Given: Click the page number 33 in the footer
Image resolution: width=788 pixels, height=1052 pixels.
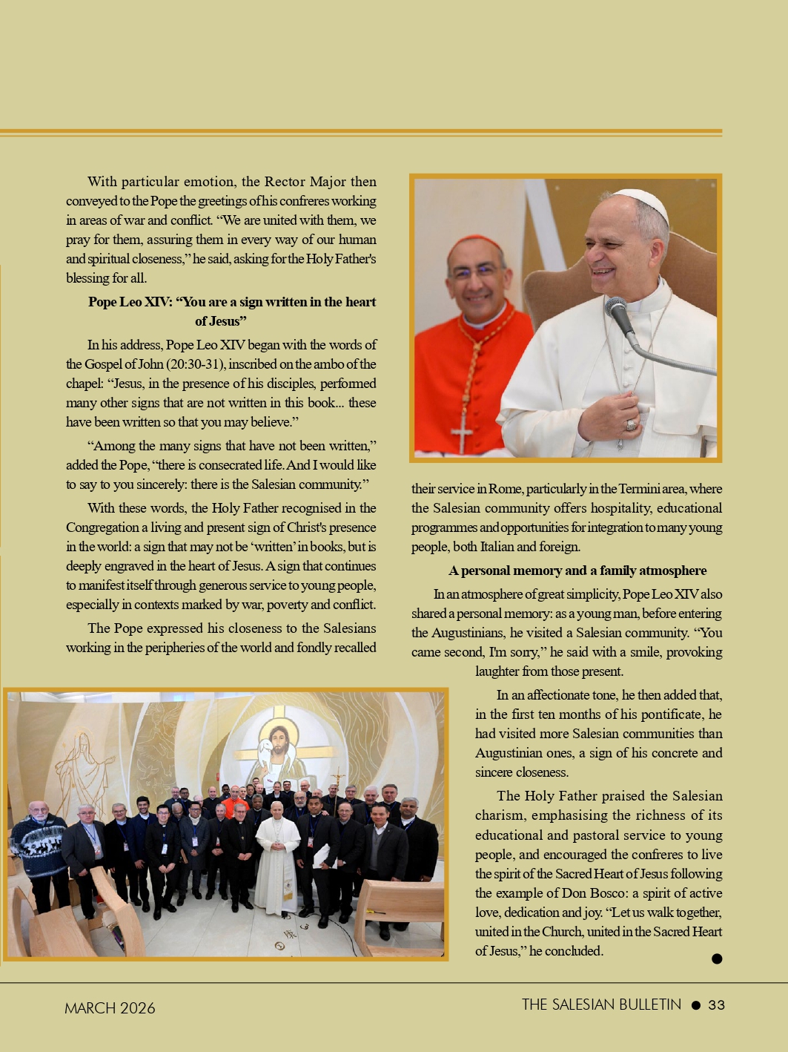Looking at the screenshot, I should (x=716, y=1005).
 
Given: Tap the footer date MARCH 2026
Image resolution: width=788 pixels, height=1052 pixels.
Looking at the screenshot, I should (x=110, y=1007).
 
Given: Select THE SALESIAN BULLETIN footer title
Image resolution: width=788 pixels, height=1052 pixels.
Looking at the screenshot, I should (x=601, y=1005).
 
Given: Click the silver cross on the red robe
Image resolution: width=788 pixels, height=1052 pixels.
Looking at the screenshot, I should (x=463, y=433).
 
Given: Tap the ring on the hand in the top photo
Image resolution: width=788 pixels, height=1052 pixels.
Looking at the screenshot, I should (x=631, y=425).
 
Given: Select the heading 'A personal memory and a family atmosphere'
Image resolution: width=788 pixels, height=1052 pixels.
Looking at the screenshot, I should (x=577, y=571).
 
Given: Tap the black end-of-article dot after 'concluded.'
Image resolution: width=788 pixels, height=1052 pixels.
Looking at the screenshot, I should (x=717, y=959).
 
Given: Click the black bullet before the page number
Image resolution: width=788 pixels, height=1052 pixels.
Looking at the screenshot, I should (x=695, y=1005).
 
